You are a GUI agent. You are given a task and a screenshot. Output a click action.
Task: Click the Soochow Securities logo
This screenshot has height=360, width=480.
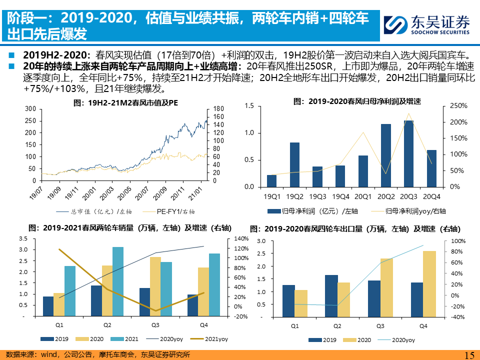(x=426, y=22)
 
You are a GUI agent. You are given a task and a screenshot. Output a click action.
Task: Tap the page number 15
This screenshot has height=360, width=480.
(x=469, y=355)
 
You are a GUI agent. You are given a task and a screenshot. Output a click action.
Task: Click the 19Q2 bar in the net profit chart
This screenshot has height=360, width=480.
(x=295, y=164)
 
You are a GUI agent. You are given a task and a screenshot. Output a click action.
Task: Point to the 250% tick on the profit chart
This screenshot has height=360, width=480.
(x=458, y=106)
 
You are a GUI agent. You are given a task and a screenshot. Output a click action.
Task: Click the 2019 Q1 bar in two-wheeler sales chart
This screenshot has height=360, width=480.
(x=48, y=306)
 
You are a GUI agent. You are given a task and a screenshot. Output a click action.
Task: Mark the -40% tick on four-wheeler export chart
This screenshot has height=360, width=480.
(x=458, y=317)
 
